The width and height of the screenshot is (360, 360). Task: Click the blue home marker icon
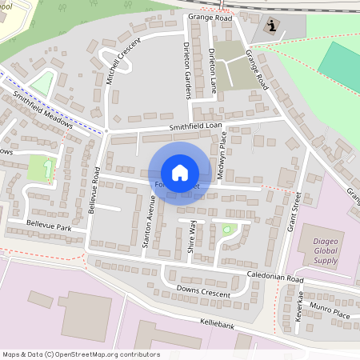click(180, 172)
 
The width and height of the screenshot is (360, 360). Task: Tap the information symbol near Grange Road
click(273, 26)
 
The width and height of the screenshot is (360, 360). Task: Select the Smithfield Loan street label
click(194, 127)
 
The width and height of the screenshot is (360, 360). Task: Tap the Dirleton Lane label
click(212, 70)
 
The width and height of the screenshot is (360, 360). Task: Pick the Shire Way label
click(193, 239)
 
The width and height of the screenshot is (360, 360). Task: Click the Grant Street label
click(294, 213)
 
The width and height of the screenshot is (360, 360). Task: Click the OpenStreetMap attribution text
click(81, 354)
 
